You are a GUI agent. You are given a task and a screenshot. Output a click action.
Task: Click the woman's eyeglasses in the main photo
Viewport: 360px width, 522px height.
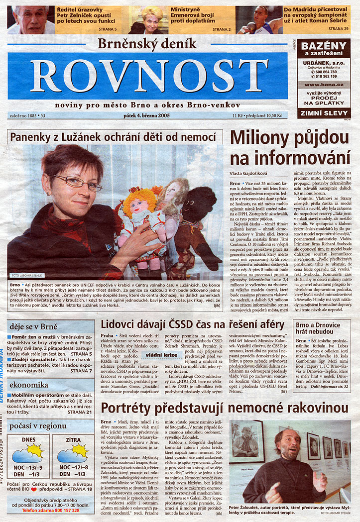(x=76, y=182)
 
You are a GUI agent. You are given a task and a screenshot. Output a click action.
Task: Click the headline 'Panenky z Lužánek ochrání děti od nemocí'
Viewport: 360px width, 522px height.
(x=116, y=137)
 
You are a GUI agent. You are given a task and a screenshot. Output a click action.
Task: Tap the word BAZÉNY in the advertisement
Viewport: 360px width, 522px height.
(x=324, y=46)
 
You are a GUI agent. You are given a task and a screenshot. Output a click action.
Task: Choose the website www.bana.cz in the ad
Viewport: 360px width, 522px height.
(x=324, y=85)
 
